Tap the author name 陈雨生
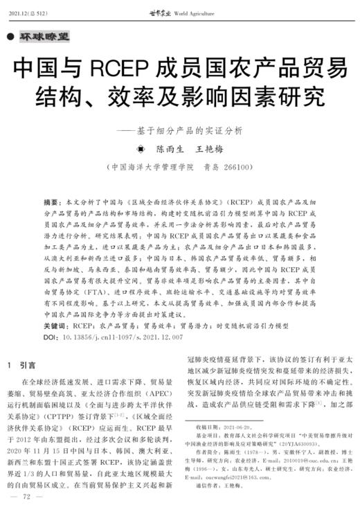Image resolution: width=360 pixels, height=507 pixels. pos(169,147)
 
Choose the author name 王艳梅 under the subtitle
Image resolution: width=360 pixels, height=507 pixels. pos(208,147)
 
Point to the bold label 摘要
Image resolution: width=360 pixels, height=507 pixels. pos(51,202)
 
